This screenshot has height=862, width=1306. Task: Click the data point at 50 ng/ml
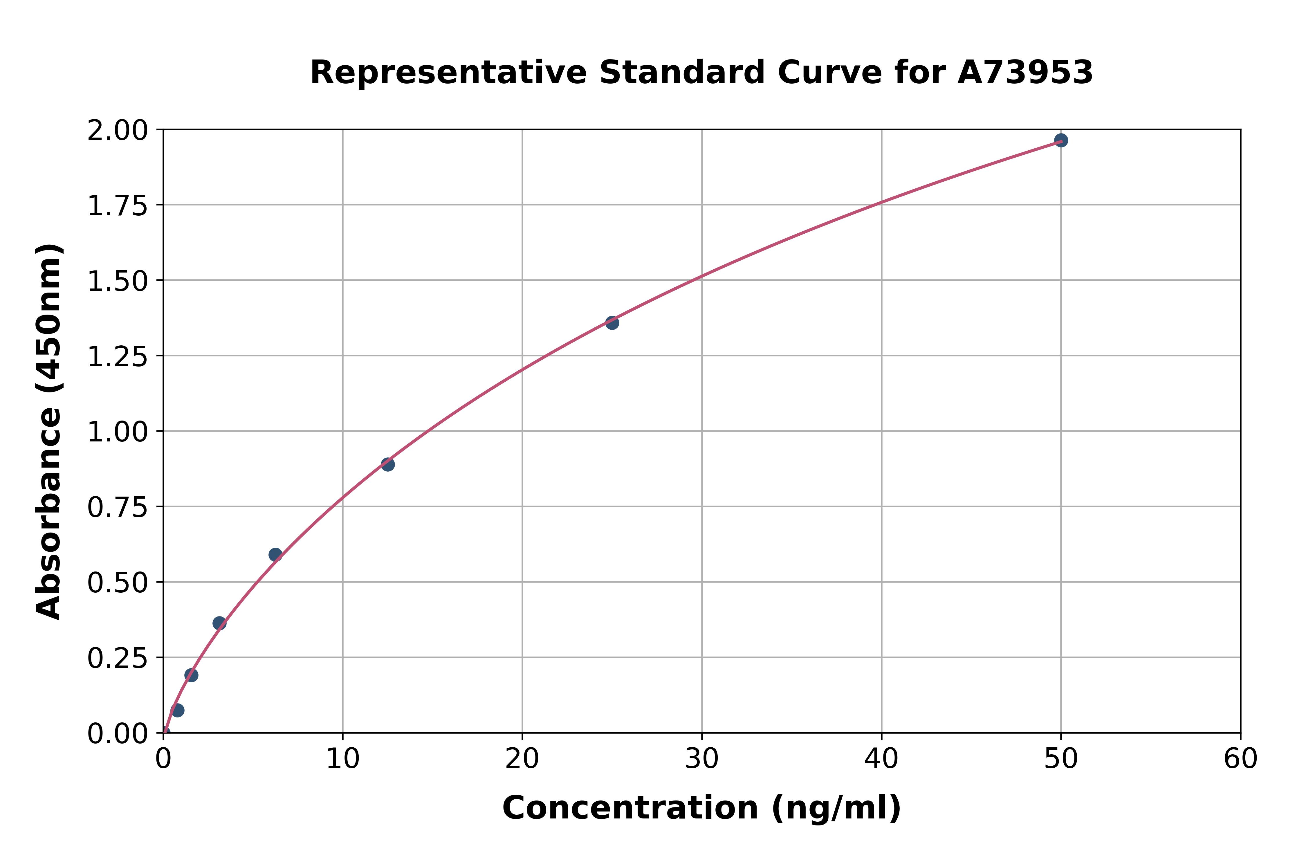(1061, 140)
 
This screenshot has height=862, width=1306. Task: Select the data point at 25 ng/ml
(612, 323)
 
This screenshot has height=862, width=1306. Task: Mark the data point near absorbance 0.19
(191, 675)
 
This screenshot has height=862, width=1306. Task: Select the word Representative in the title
(448, 73)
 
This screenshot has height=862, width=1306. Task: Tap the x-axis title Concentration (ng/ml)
(701, 808)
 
